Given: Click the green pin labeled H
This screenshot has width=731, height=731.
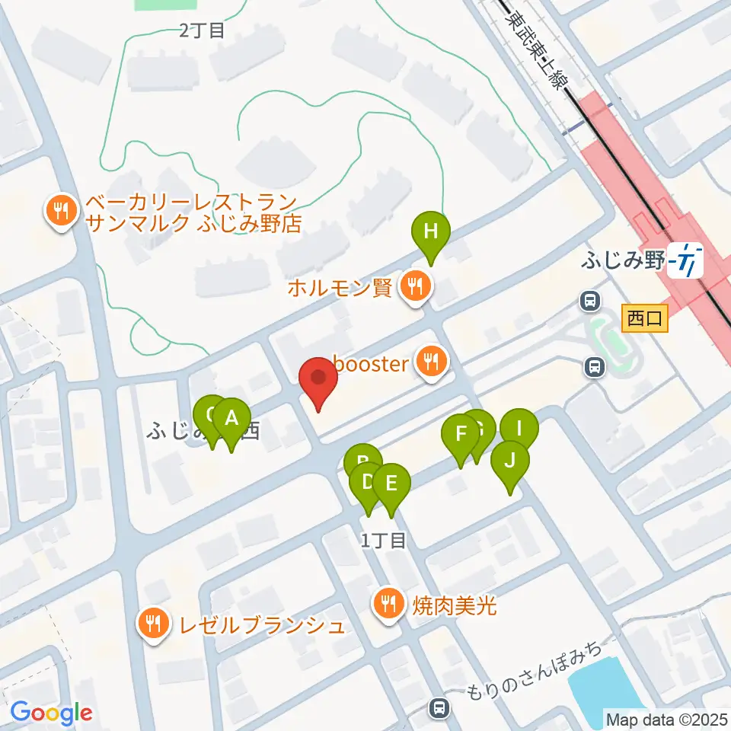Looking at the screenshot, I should pos(431,231).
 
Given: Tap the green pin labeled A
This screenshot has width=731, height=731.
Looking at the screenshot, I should pos(231,418).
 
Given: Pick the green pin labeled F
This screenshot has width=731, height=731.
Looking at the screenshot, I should pos(461,435).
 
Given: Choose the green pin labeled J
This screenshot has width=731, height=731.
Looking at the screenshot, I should pos(510,461).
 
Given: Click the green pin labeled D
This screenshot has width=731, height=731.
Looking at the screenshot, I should pos(366,482).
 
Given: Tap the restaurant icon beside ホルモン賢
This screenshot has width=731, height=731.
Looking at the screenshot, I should pos(415,288).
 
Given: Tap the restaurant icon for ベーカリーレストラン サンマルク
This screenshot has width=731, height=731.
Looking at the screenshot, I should pos(60,212).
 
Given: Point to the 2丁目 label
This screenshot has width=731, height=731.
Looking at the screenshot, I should pos(202,31).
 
